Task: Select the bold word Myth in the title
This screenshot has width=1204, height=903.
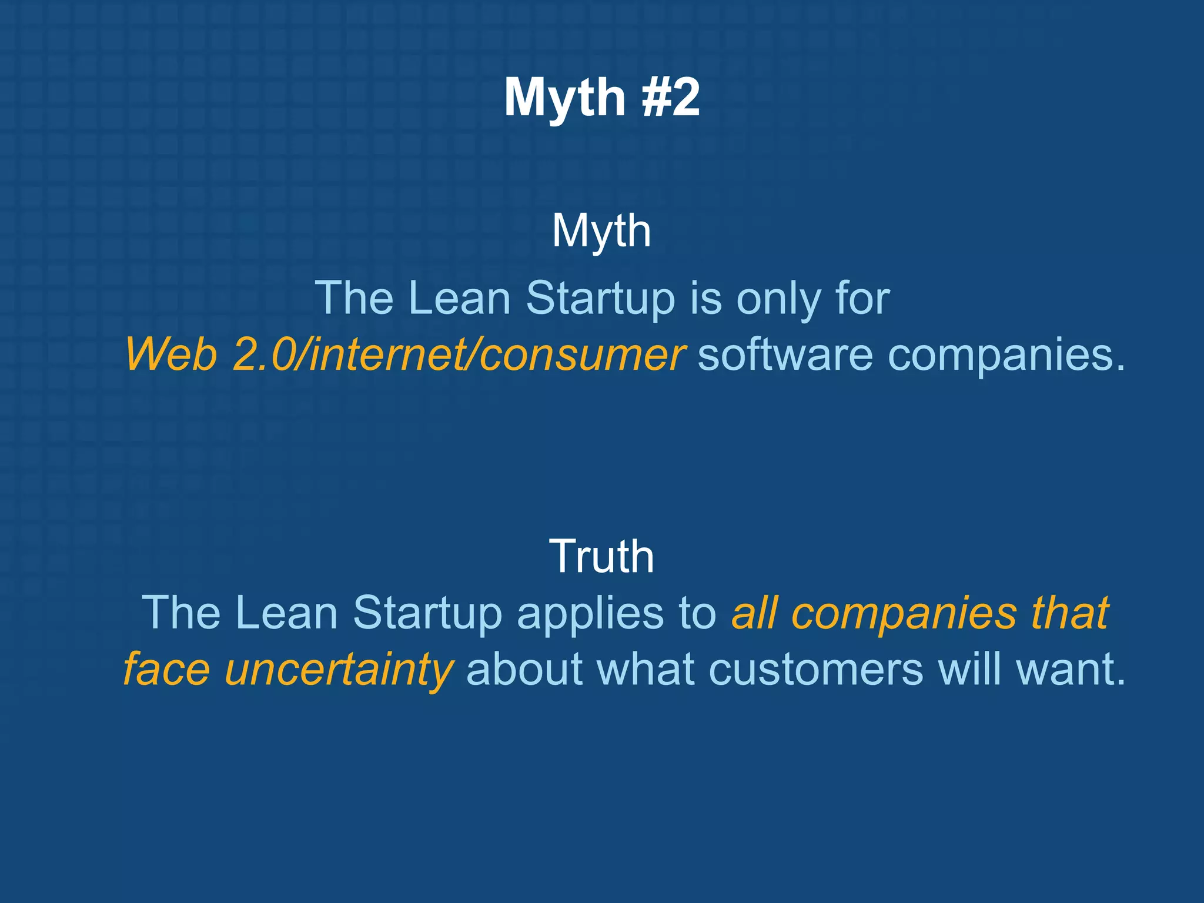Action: [x=564, y=99]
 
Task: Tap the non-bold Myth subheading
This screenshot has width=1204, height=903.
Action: [x=601, y=232]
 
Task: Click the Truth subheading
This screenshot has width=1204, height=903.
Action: [x=601, y=556]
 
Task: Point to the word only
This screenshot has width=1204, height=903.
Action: [x=778, y=299]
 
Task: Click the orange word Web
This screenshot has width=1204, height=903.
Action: [x=170, y=354]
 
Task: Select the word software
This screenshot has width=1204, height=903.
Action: [x=785, y=354]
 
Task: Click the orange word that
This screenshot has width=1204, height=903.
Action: [x=1069, y=613]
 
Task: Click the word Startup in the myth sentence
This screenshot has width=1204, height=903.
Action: [x=600, y=299]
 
